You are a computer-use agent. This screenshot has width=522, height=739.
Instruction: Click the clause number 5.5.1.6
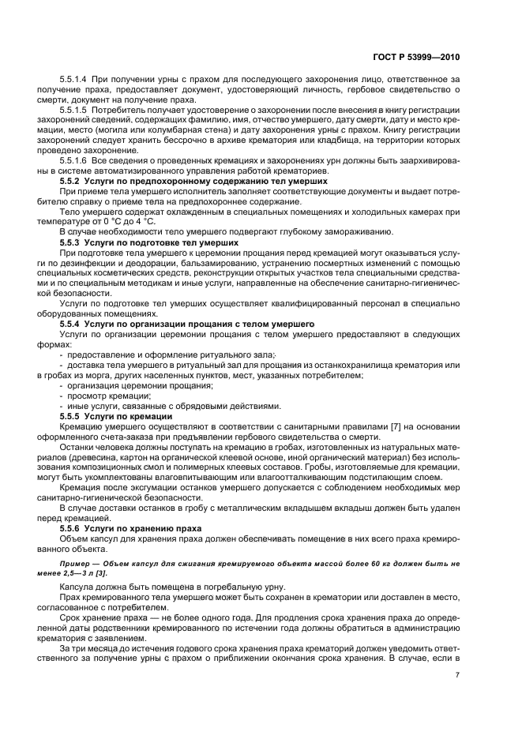[74, 160]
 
